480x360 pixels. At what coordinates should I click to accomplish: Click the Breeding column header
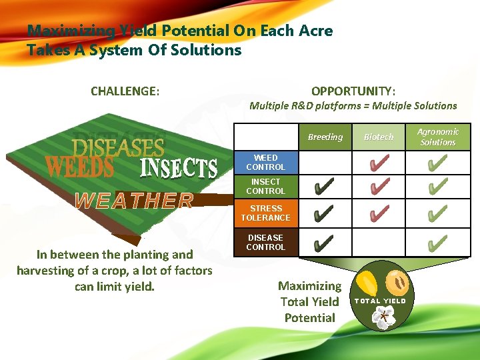click(325, 137)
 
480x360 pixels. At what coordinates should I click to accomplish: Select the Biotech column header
click(379, 137)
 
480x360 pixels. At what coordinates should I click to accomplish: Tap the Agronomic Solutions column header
click(438, 137)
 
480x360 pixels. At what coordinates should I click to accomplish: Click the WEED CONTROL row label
click(265, 163)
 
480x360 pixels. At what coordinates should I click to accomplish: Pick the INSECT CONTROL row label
click(265, 187)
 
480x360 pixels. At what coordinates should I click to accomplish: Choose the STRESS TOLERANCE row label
click(265, 213)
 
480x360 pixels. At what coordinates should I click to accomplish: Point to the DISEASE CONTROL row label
click(265, 242)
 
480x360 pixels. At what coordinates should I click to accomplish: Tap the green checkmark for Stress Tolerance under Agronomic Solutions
click(437, 214)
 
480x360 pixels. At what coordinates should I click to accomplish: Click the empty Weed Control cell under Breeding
click(325, 162)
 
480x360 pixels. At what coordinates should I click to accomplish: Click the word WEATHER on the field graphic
click(134, 200)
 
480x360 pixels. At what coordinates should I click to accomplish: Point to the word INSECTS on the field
click(179, 168)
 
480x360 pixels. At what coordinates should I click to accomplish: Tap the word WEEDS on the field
click(79, 167)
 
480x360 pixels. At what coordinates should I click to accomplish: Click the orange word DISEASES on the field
click(118, 147)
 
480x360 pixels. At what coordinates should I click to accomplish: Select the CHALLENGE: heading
click(125, 91)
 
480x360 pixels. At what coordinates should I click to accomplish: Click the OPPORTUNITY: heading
click(353, 91)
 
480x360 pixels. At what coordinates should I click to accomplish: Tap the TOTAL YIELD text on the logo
click(379, 301)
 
